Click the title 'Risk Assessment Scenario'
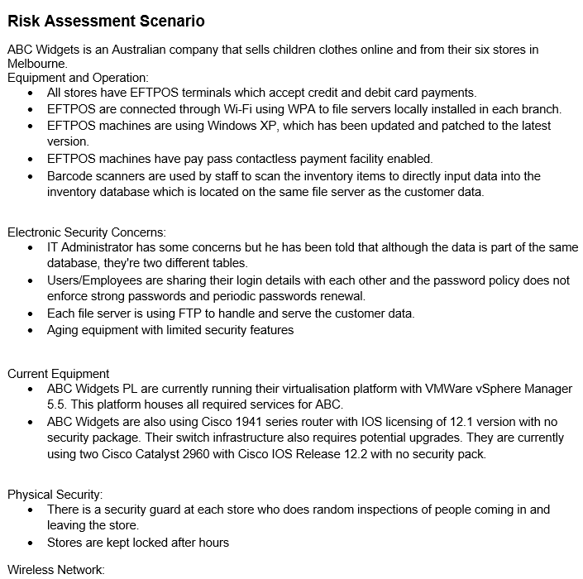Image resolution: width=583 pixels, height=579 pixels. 106,21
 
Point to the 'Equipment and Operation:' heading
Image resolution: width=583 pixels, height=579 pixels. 78,77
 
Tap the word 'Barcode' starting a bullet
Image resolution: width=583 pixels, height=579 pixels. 69,175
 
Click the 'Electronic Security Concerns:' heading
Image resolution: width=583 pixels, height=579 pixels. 87,232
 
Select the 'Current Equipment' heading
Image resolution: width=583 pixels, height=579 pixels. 59,373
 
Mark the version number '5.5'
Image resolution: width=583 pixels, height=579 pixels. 56,404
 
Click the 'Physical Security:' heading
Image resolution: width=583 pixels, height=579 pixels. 55,495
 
